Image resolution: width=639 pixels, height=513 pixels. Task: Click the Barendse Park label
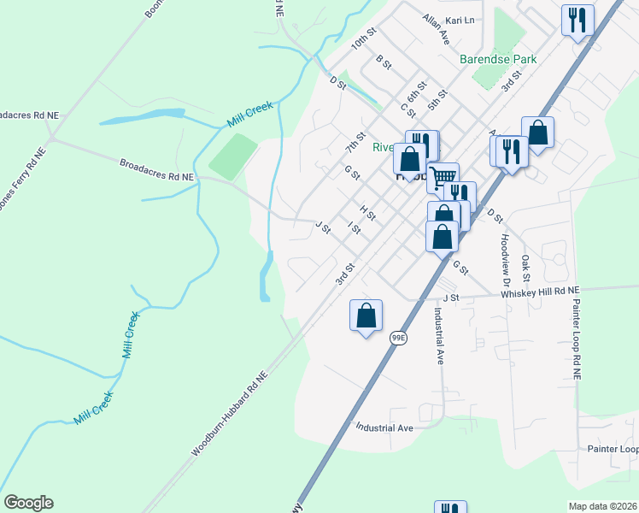497,60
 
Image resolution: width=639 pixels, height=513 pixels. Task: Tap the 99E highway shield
398,339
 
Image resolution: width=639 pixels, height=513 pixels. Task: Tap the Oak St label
525,267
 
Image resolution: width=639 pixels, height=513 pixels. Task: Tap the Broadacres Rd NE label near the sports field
157,169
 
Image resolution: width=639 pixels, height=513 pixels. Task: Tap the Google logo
28,503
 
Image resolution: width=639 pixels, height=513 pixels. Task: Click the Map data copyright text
602,506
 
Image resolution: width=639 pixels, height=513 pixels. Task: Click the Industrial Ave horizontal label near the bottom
384,427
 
